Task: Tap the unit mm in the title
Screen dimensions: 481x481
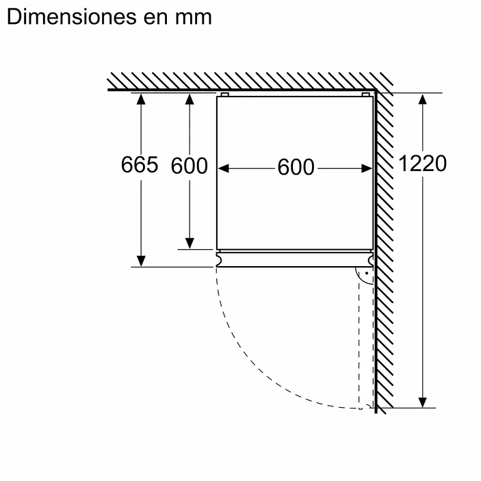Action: (195, 16)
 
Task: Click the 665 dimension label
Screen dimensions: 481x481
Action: (139, 165)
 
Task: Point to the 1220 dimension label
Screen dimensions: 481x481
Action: (422, 164)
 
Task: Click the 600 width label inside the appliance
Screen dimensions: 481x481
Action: (296, 167)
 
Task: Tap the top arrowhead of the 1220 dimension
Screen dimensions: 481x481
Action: (423, 99)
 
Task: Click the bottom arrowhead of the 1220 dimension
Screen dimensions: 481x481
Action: (423, 402)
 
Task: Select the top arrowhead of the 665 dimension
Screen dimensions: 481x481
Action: (140, 99)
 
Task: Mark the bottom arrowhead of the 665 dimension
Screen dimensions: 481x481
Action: (140, 261)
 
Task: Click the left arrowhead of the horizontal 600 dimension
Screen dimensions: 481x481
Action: (223, 167)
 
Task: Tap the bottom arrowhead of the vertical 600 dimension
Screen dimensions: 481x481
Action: (190, 244)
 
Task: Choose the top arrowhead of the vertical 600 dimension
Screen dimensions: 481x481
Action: (190, 99)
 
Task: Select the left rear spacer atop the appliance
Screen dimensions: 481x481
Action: (224, 94)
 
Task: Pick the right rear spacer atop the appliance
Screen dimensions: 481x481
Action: (365, 94)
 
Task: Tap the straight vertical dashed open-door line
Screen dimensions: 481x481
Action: (361, 342)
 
